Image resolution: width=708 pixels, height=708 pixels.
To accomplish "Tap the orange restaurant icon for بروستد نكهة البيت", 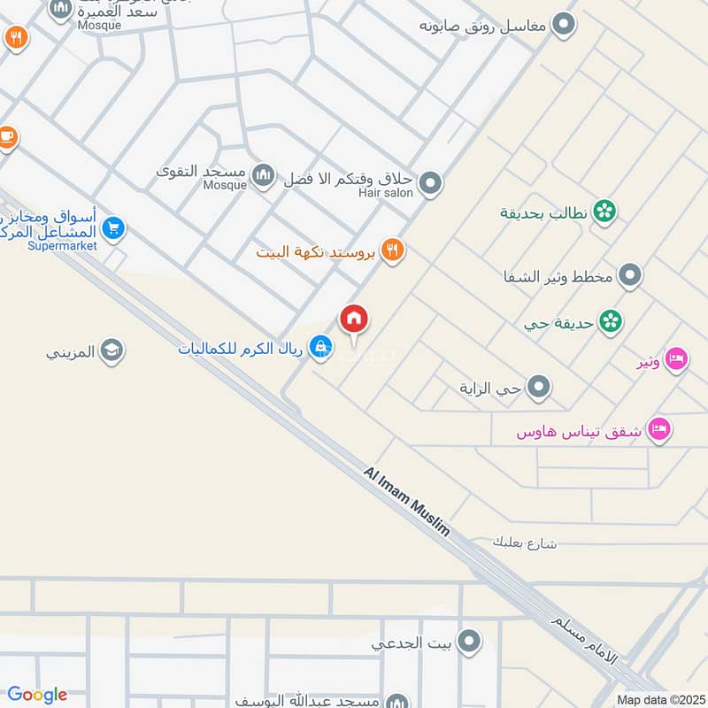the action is [x=393, y=250].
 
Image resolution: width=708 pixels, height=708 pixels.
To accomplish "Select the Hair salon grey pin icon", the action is [x=430, y=184].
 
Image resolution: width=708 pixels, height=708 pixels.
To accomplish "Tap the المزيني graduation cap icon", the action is [x=112, y=351].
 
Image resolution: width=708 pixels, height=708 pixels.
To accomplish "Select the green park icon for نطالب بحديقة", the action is [x=604, y=212].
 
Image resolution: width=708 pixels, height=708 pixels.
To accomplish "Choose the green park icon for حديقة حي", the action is [x=610, y=320].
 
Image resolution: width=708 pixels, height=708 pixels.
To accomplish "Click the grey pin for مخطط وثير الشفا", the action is [x=629, y=276].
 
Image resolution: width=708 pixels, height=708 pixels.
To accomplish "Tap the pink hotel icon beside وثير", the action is [x=676, y=360].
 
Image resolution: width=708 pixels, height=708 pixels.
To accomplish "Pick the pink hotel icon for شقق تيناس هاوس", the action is [x=659, y=430].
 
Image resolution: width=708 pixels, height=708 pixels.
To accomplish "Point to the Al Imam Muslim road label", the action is [x=406, y=501].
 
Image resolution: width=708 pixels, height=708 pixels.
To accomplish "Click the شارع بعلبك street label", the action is [x=525, y=542].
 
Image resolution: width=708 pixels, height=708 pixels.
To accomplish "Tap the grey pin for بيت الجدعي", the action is [x=470, y=641].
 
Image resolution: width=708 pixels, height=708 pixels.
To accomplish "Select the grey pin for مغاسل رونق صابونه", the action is [x=562, y=25].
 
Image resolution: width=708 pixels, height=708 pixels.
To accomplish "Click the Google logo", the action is [x=37, y=695].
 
